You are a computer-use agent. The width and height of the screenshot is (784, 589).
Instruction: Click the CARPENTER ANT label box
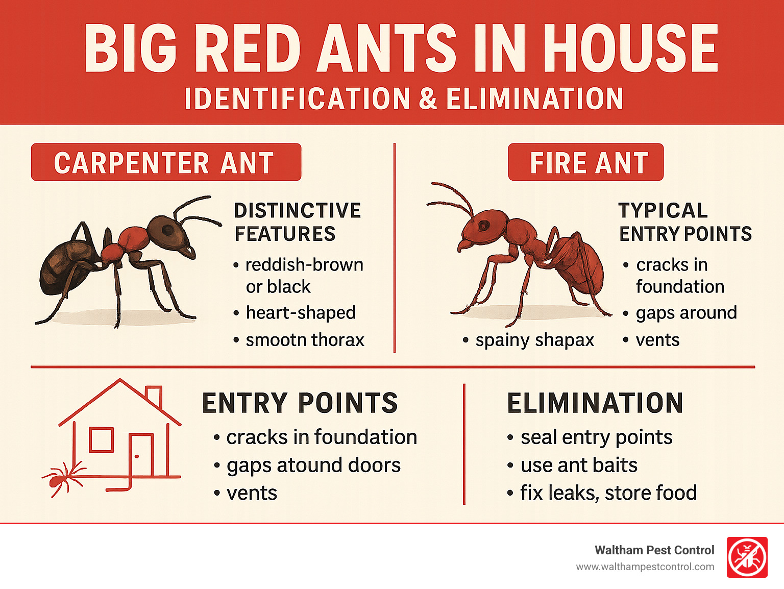166,162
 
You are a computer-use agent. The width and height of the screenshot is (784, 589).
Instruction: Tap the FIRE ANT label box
586,162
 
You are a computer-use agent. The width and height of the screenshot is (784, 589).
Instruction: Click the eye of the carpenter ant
167,230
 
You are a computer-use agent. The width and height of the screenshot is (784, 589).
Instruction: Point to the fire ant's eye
484,226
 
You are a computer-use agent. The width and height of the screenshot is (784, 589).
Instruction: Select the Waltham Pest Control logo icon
747,557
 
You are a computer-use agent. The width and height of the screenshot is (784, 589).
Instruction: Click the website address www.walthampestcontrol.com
645,567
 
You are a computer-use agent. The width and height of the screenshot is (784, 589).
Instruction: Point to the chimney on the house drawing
154,395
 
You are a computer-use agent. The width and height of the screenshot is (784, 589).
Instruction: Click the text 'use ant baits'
579,465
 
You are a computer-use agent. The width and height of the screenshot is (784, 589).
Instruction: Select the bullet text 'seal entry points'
597,437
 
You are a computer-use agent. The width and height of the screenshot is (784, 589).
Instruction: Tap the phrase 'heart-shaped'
301,313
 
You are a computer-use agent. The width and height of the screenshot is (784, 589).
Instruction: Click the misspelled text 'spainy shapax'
535,340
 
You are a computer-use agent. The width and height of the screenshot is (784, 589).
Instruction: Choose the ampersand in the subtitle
428,99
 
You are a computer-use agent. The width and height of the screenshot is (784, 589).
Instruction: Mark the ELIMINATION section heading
595,403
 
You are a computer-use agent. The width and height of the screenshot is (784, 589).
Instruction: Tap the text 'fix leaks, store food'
608,493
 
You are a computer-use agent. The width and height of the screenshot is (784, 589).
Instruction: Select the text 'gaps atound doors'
313,465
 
